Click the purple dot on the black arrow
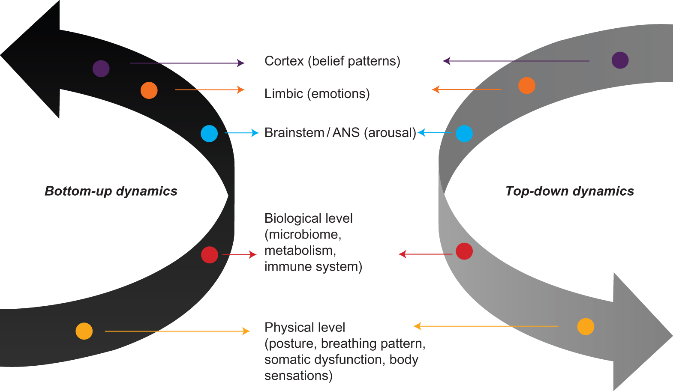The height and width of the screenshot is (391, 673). pyautogui.click(x=101, y=69)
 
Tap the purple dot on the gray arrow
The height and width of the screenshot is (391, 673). pyautogui.click(x=620, y=60)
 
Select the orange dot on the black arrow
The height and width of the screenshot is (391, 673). pyautogui.click(x=149, y=90)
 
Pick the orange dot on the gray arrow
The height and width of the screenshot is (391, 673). pyautogui.click(x=526, y=86)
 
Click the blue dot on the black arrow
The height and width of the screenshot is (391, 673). pyautogui.click(x=209, y=134)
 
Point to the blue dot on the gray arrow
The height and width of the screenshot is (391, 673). pyautogui.click(x=464, y=134)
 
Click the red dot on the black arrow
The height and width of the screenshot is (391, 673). pyautogui.click(x=210, y=255)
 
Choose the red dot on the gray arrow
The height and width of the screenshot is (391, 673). pyautogui.click(x=464, y=251)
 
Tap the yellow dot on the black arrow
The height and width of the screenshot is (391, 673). pyautogui.click(x=84, y=331)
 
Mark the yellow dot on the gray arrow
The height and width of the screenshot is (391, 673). pyautogui.click(x=586, y=327)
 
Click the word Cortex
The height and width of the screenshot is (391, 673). pyautogui.click(x=284, y=61)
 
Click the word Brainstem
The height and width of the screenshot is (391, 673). pyautogui.click(x=294, y=133)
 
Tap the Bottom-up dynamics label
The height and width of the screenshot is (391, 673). pyautogui.click(x=111, y=191)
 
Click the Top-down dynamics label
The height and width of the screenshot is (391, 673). pyautogui.click(x=569, y=191)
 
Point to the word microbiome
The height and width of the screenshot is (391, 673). pyautogui.click(x=304, y=235)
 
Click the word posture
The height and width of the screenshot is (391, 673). pyautogui.click(x=293, y=344)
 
